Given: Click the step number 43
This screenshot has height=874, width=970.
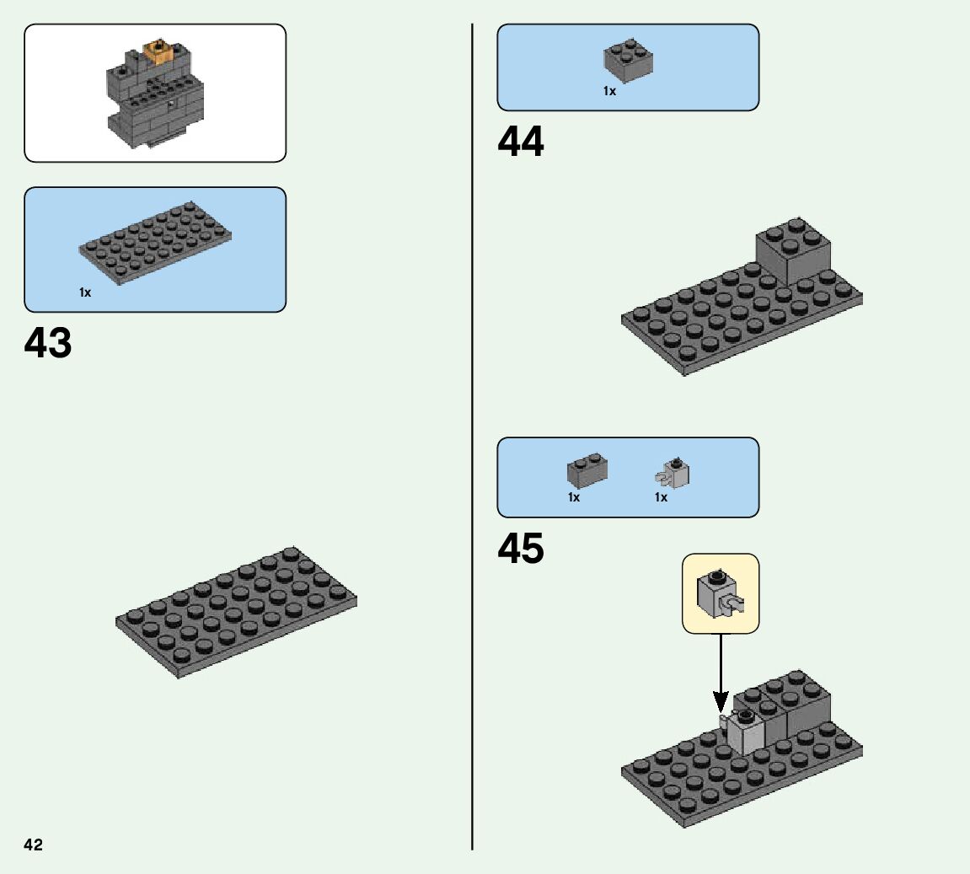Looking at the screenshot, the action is [x=48, y=343].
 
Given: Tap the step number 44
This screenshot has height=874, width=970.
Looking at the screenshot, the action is [x=521, y=142].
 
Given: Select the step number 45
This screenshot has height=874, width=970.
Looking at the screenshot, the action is [x=521, y=550].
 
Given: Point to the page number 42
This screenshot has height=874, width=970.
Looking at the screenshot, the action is [x=33, y=845].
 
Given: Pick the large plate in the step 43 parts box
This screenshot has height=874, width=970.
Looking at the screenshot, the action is [x=156, y=242].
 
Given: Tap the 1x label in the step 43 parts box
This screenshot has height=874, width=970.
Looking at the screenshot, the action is [x=85, y=292].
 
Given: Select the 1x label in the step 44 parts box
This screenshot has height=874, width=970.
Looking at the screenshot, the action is [x=609, y=91].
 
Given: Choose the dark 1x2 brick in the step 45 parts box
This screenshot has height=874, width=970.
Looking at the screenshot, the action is [x=587, y=469].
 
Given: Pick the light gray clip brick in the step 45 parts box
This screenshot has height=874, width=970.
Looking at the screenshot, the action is [x=673, y=474].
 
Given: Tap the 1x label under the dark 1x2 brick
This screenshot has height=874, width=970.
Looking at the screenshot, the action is [x=574, y=497].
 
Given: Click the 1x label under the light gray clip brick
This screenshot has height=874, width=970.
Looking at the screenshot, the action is [x=661, y=497].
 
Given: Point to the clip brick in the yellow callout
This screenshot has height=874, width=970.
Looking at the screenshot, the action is [x=720, y=594].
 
